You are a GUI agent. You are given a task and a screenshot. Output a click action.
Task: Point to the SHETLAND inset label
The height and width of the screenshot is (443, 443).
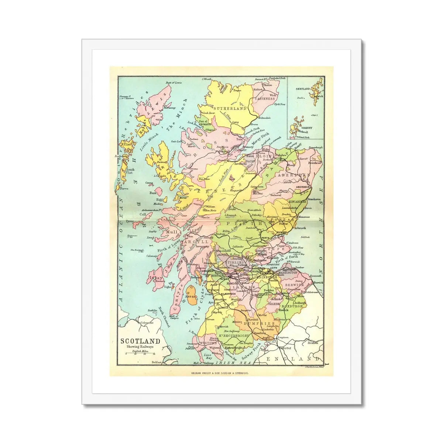[x=299, y=89]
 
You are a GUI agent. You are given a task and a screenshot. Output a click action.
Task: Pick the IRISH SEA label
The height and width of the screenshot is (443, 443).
[x=236, y=363]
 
